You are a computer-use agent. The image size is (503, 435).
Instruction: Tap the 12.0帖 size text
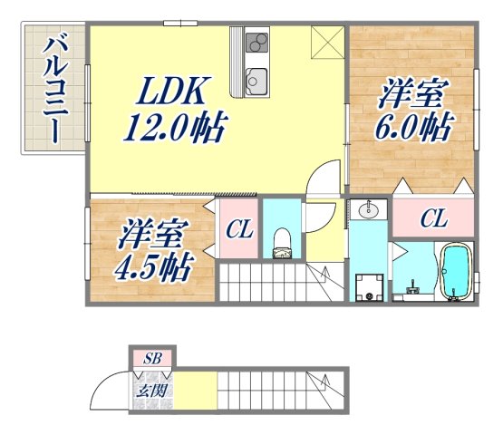click(x=174, y=127)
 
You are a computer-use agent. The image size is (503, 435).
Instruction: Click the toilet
click(x=282, y=241)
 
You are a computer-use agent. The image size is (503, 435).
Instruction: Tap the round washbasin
click(x=369, y=211)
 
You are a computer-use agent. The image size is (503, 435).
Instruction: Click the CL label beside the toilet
click(x=239, y=230)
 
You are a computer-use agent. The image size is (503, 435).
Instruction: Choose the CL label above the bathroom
click(x=433, y=218)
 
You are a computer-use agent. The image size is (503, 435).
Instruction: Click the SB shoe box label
click(x=153, y=358)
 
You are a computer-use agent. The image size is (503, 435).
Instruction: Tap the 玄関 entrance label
click(x=152, y=391)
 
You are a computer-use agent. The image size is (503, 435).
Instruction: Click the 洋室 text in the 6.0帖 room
click(x=412, y=93)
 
